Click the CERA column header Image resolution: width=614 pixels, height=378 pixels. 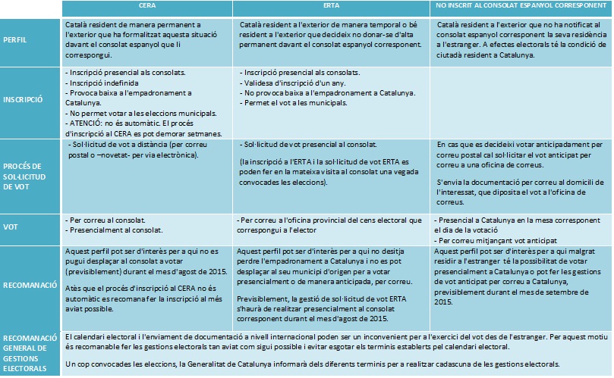pyautogui.click(x=148, y=6)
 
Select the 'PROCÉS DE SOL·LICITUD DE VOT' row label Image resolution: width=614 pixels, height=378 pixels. pyautogui.click(x=25, y=177)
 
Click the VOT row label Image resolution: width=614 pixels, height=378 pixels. pyautogui.click(x=11, y=226)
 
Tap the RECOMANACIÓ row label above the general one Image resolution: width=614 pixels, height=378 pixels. pyautogui.click(x=31, y=286)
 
